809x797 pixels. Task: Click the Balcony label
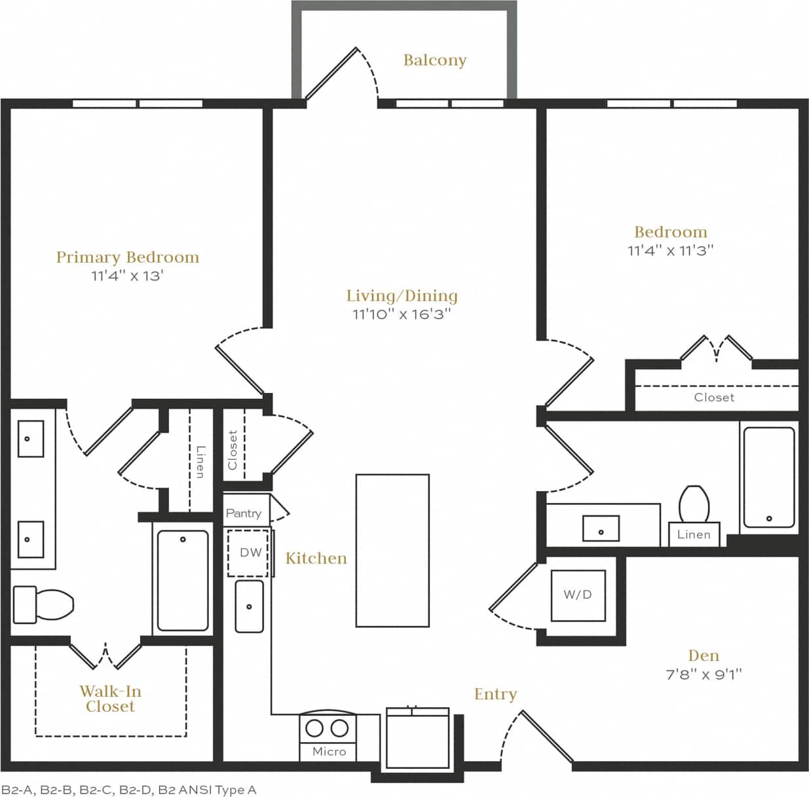434,60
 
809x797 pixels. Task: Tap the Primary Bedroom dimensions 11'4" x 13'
127,276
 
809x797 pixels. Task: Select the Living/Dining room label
402,296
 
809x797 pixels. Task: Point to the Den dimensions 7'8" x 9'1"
704,674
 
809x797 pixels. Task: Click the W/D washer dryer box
578,595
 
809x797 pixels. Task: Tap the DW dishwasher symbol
249,553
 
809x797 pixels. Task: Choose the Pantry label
243,513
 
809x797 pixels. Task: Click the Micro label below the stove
329,752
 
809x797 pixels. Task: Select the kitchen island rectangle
392,551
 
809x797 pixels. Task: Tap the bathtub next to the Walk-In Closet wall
183,580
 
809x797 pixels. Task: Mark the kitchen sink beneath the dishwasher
249,606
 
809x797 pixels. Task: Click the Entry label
495,694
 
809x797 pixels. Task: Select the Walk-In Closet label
110,699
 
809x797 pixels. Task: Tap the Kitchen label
316,559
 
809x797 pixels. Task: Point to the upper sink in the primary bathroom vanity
30,439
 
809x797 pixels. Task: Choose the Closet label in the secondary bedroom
714,398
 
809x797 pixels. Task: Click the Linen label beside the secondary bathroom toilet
694,534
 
